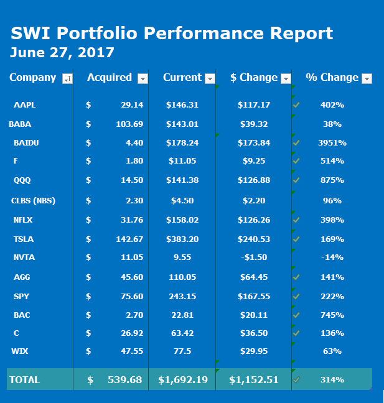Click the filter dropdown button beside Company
click(x=68, y=78)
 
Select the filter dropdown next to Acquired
click(x=143, y=78)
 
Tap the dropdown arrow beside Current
click(x=210, y=78)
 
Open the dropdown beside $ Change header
click(x=286, y=78)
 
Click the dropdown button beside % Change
click(x=367, y=78)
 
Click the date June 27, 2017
click(x=62, y=52)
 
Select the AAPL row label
click(x=24, y=105)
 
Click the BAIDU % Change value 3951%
click(x=332, y=143)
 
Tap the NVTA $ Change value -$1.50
click(x=254, y=257)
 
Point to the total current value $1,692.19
click(x=182, y=379)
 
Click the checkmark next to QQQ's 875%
click(x=297, y=180)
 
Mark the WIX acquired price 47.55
click(x=130, y=351)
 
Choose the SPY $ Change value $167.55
click(x=254, y=297)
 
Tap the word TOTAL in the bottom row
click(x=24, y=379)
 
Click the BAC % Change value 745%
click(x=332, y=315)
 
